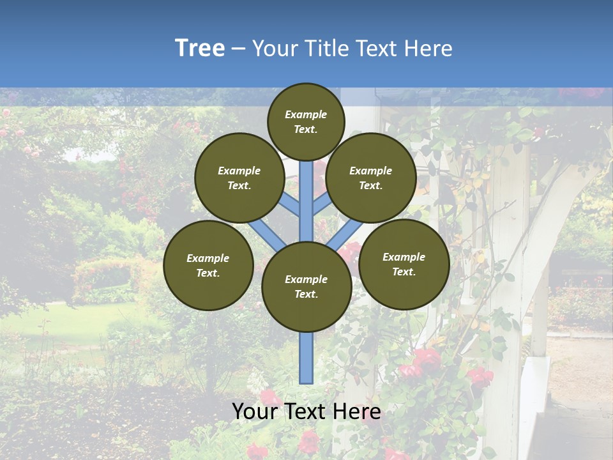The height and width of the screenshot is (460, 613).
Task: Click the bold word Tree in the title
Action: coord(200,48)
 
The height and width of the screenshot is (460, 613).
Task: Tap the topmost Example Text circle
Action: coord(306,121)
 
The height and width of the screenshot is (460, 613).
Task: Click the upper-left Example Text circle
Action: coord(239,178)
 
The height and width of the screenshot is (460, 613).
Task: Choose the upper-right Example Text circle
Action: coord(371,178)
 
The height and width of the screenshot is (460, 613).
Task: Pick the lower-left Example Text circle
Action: coord(208,265)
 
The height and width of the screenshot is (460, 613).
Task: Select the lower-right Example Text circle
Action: coord(404,264)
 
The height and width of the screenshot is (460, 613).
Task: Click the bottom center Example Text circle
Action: coord(306,287)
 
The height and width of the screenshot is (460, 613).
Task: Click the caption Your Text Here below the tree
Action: coord(306,411)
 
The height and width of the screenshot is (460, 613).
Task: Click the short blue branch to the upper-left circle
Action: coord(291,205)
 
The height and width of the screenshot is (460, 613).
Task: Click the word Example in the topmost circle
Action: coord(306,115)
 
